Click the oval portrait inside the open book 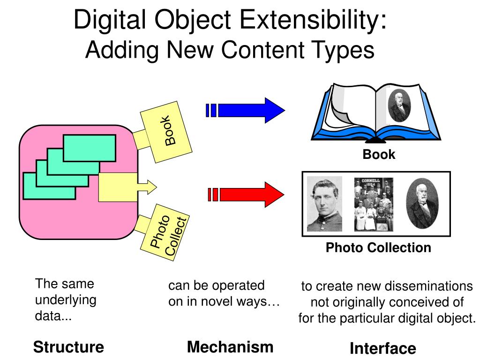[400, 105]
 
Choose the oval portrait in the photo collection [422, 204]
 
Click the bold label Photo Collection [378, 247]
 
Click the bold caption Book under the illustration [379, 154]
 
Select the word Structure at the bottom [68, 347]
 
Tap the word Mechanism [230, 347]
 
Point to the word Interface [382, 348]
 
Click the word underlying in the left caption [66, 300]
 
